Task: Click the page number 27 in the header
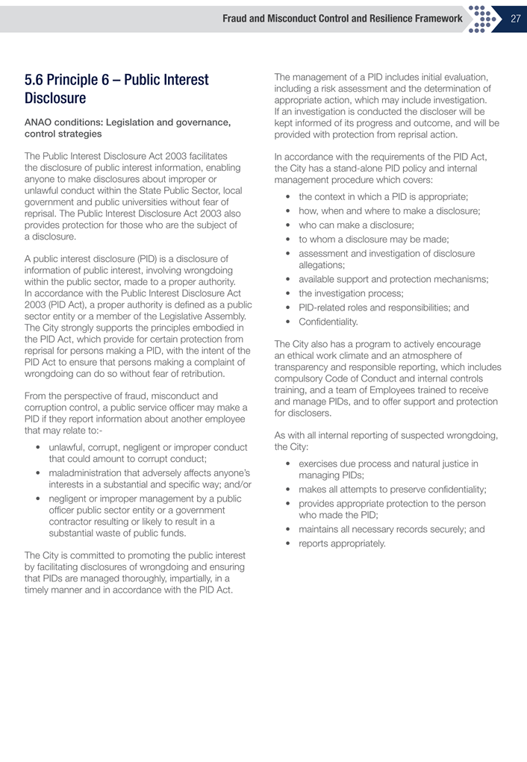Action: coord(515,18)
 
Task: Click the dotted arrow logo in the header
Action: coord(484,18)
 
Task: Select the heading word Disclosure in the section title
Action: coord(55,98)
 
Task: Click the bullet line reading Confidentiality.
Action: coord(328,322)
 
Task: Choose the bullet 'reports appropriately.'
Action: coord(342,543)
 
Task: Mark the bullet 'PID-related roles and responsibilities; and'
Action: coord(384,307)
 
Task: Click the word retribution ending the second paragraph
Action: coord(199,373)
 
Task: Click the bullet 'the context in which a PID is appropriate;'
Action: coord(383,196)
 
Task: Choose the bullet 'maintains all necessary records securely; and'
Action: coord(391,529)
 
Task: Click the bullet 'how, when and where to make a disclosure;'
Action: coord(389,210)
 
